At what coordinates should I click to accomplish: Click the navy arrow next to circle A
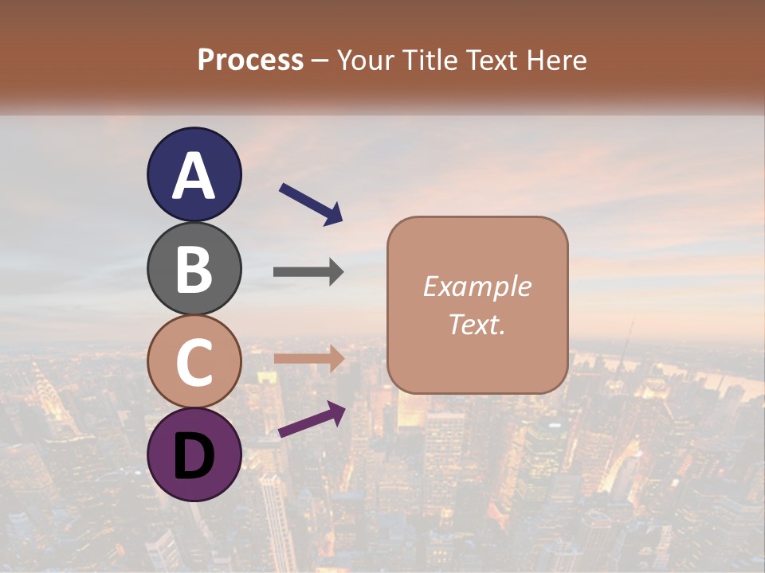[311, 204]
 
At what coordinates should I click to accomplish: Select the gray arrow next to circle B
[308, 272]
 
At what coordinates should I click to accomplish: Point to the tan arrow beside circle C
[308, 359]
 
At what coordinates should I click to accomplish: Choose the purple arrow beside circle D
[311, 420]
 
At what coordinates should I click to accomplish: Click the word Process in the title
[250, 60]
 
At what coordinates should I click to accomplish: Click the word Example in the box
[477, 286]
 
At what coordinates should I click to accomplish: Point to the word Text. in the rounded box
[477, 324]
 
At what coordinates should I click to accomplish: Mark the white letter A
[194, 176]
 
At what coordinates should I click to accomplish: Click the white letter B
[194, 269]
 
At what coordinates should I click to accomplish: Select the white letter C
[194, 362]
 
